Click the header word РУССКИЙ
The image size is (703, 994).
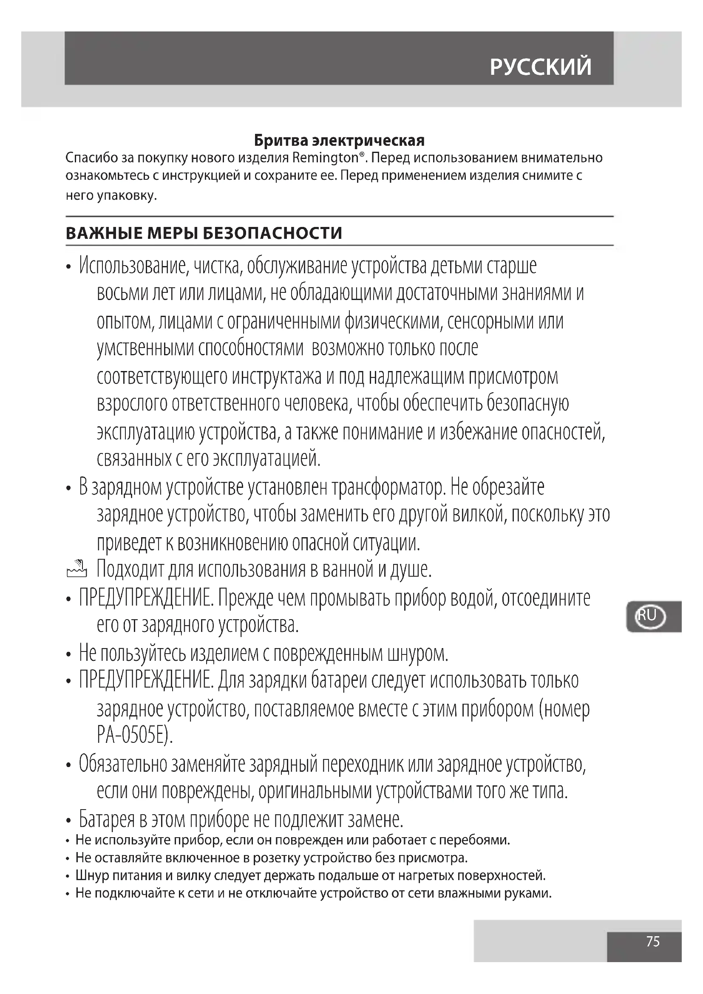coord(540,67)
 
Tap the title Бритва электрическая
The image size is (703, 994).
coord(339,141)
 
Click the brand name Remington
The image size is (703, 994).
coord(325,158)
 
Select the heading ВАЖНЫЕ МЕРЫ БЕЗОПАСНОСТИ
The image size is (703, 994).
coord(204,233)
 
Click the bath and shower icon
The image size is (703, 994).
coord(77,570)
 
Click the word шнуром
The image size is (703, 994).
coord(418,654)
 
